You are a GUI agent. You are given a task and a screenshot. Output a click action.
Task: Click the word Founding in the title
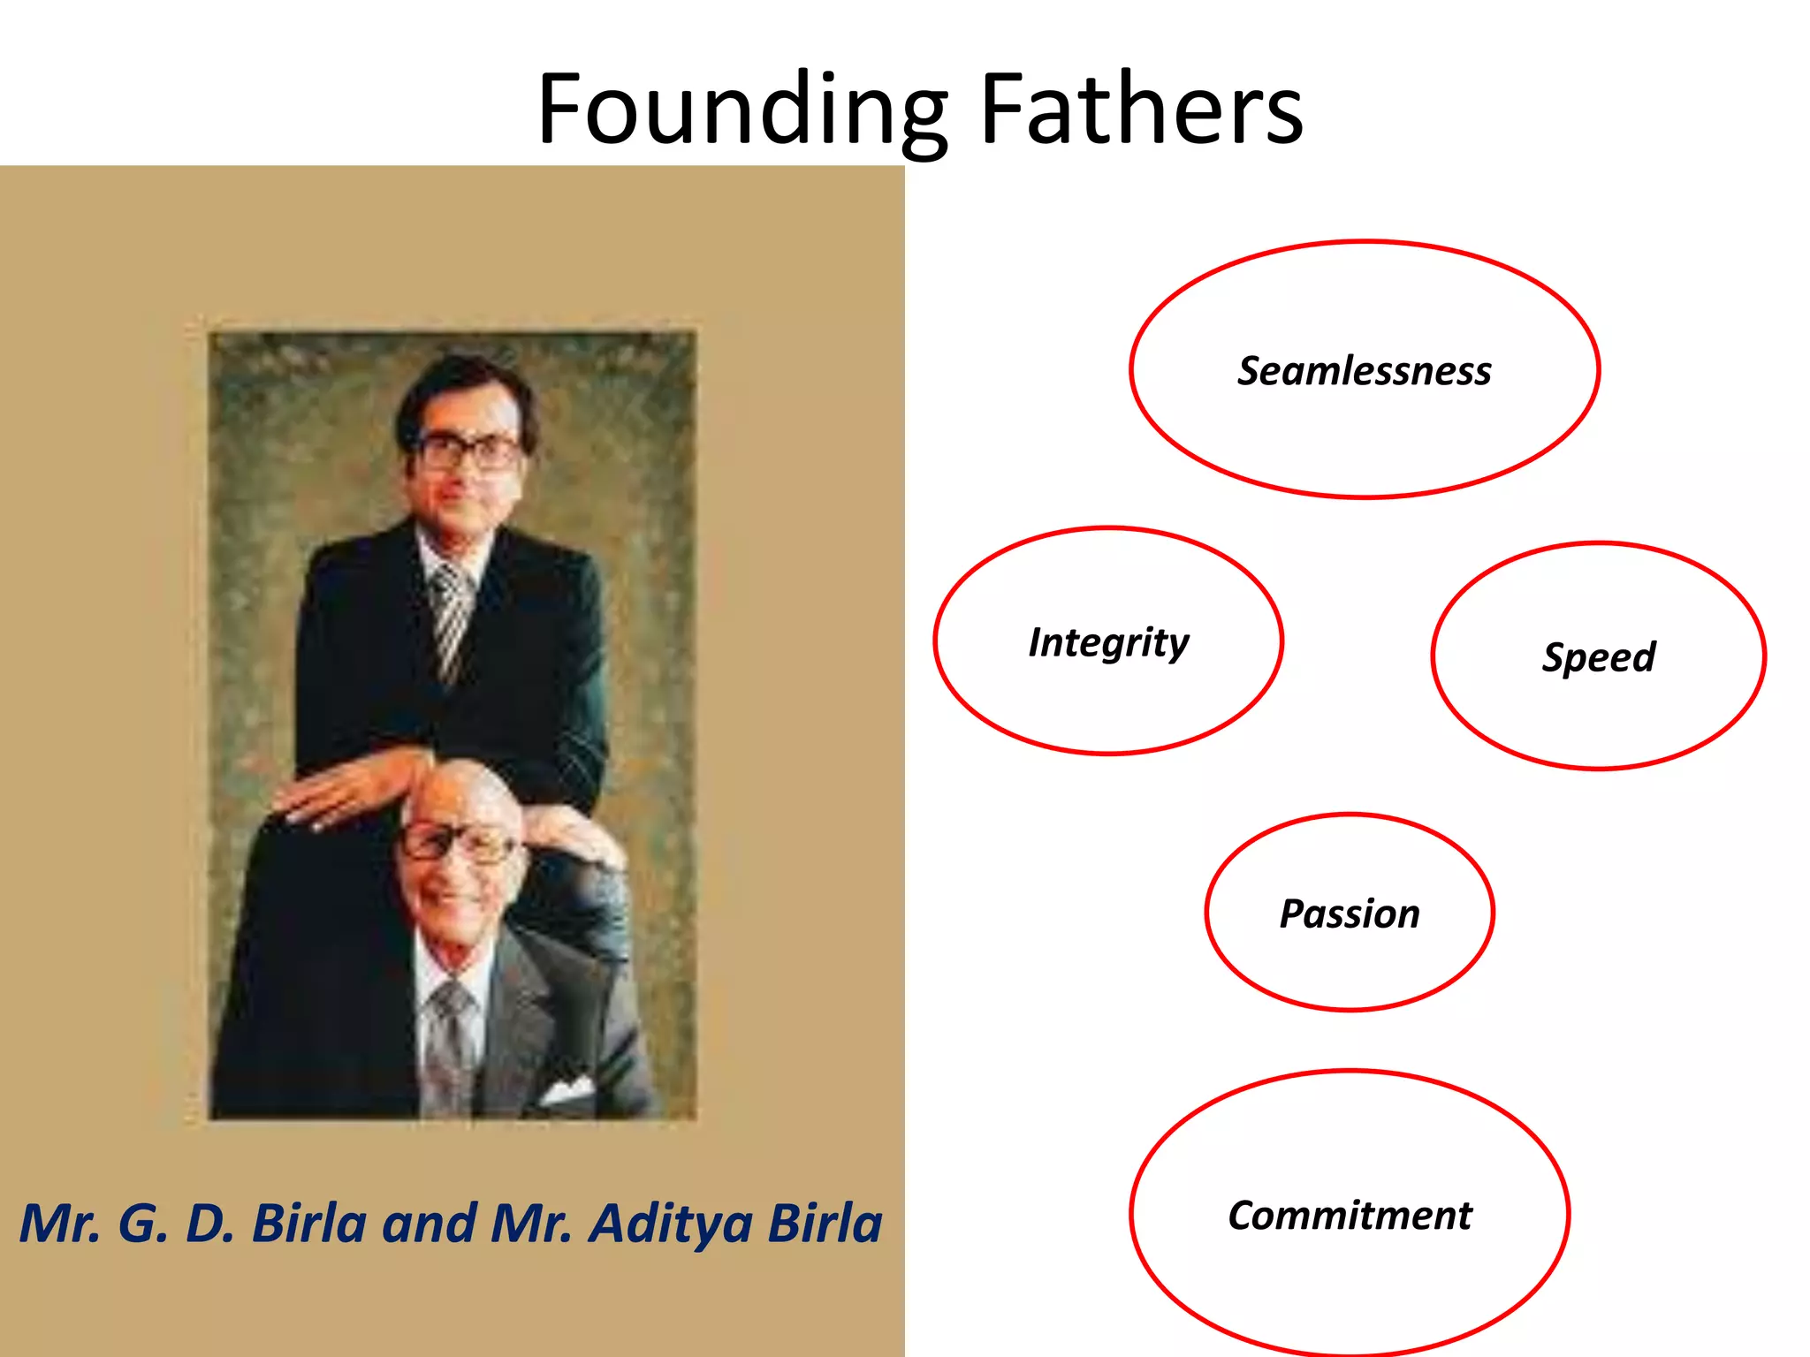(742, 110)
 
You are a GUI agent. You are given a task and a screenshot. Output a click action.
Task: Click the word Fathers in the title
(1141, 110)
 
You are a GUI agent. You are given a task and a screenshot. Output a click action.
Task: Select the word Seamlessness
(1364, 371)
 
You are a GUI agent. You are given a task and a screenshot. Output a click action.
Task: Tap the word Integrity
(1108, 642)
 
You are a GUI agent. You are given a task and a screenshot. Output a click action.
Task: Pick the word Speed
(1598, 657)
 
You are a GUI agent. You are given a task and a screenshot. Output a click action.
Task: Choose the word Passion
(1350, 914)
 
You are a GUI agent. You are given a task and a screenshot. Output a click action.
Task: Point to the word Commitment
(1350, 1216)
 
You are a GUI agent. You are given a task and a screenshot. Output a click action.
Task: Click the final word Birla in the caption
(824, 1224)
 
